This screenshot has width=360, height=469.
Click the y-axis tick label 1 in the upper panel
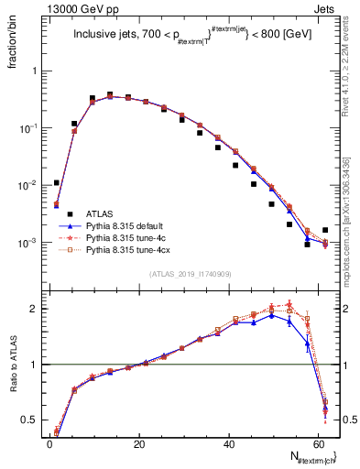(x=36, y=71)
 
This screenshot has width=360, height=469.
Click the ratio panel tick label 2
(x=36, y=309)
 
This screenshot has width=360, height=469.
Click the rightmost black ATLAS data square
(x=325, y=230)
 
